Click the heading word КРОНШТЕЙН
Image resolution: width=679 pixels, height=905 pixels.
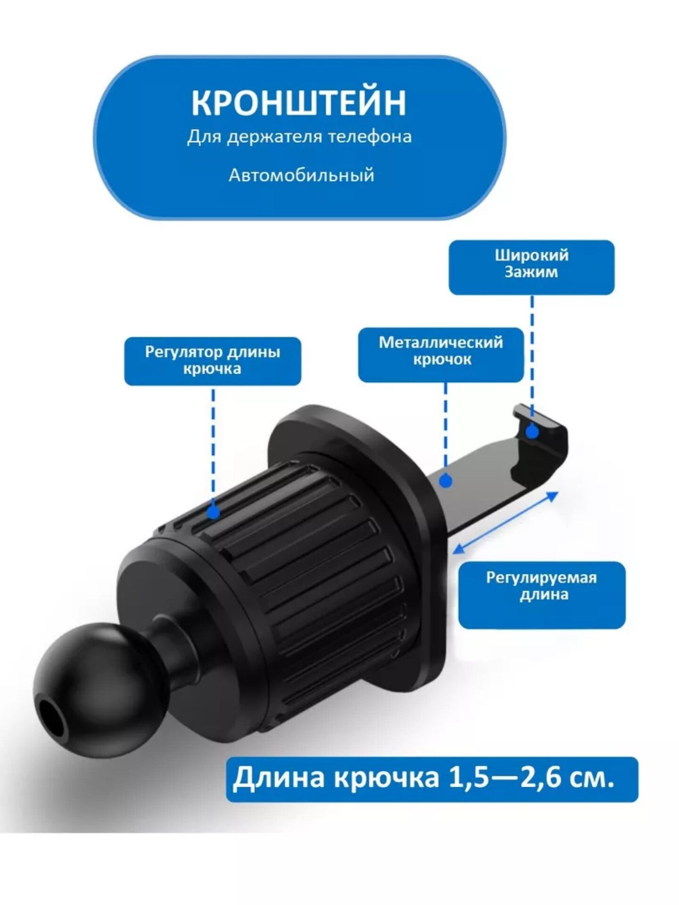[298, 102]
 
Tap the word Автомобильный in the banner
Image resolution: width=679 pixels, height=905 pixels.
[301, 175]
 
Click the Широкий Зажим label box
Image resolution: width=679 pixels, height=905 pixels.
[531, 268]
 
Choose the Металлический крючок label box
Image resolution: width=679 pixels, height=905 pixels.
[441, 355]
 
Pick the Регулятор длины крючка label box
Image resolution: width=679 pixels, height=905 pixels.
[213, 361]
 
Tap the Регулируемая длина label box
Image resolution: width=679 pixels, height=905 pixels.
[542, 595]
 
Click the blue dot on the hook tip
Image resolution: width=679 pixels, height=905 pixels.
[532, 431]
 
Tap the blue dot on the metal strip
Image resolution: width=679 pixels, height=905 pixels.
[446, 481]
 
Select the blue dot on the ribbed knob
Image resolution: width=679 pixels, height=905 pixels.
[213, 512]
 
